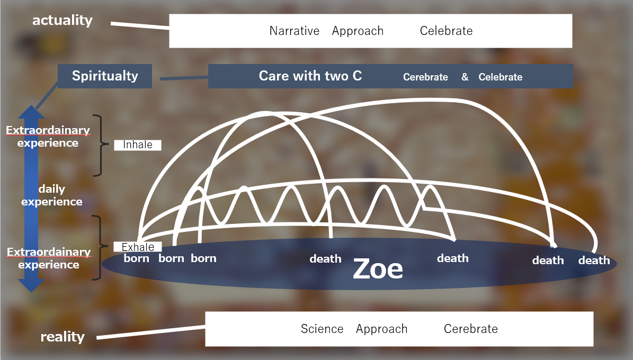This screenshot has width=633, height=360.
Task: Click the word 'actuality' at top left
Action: coord(63,20)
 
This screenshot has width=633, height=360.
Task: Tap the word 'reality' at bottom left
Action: coord(63,336)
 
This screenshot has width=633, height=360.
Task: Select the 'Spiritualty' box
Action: coord(105,76)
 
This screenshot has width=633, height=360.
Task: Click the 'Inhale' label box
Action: coord(138,145)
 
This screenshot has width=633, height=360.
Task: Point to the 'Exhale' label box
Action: coord(138,247)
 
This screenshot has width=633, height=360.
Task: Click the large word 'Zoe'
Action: coord(378,269)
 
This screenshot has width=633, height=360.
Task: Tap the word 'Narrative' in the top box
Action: coord(295,31)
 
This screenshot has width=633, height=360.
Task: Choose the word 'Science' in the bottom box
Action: coord(322,329)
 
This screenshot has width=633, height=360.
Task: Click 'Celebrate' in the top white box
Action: coord(446,31)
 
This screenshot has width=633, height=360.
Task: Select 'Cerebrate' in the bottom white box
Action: coord(471,329)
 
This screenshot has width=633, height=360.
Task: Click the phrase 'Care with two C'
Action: coord(310,76)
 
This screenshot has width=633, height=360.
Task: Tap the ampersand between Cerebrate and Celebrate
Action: coord(465,77)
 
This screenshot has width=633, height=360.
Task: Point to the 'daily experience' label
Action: coord(52,195)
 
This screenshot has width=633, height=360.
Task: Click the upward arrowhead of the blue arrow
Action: coord(31,112)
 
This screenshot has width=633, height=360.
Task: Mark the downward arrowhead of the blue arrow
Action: coord(31,286)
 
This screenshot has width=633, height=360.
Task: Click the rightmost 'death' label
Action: coord(594,260)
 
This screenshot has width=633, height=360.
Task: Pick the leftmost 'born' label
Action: coord(137,258)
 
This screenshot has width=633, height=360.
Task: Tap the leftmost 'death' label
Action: coord(325,259)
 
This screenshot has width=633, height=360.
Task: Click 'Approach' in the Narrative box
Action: coord(358,31)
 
